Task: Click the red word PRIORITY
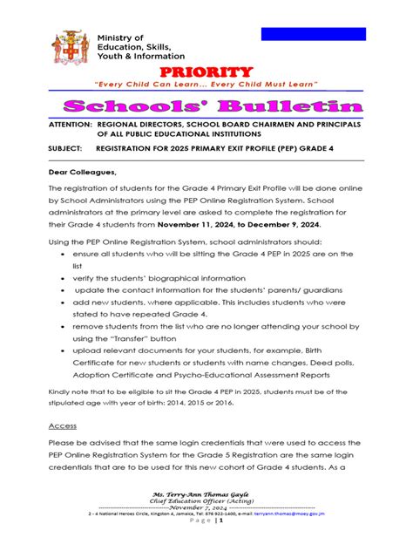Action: [206, 71]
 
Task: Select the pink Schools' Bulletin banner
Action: [206, 106]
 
